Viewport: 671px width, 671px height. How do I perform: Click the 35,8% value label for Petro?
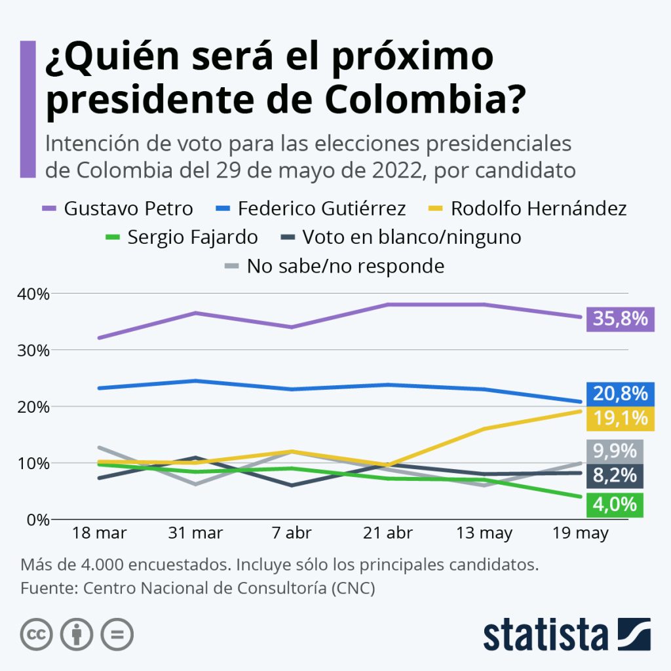point(621,319)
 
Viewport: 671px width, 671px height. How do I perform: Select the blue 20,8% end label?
point(621,394)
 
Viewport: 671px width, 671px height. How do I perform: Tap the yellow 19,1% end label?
point(621,418)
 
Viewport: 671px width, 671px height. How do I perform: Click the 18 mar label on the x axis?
point(99,533)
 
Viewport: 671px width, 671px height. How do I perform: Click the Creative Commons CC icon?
point(36,634)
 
